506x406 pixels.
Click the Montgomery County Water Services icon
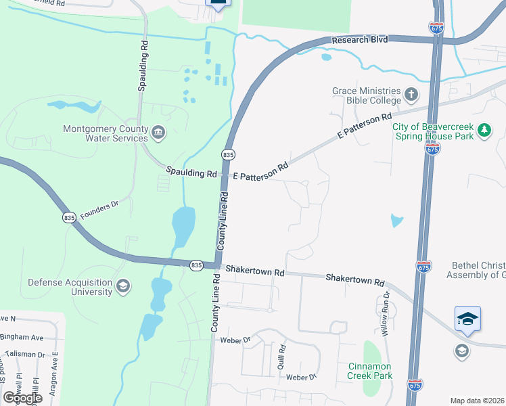[x=158, y=131]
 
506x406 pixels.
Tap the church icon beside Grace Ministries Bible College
[x=411, y=93]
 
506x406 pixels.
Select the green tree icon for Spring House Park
[x=484, y=129]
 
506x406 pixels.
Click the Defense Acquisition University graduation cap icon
[x=122, y=286]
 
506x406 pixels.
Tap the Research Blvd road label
[x=360, y=41]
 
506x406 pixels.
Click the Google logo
[x=22, y=398]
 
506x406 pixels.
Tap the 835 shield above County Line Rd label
[x=229, y=155]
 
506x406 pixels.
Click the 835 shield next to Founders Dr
[x=68, y=217]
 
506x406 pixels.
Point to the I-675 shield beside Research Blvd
[x=436, y=28]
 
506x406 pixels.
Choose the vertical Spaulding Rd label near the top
[x=143, y=66]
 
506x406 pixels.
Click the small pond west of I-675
[x=396, y=221]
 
